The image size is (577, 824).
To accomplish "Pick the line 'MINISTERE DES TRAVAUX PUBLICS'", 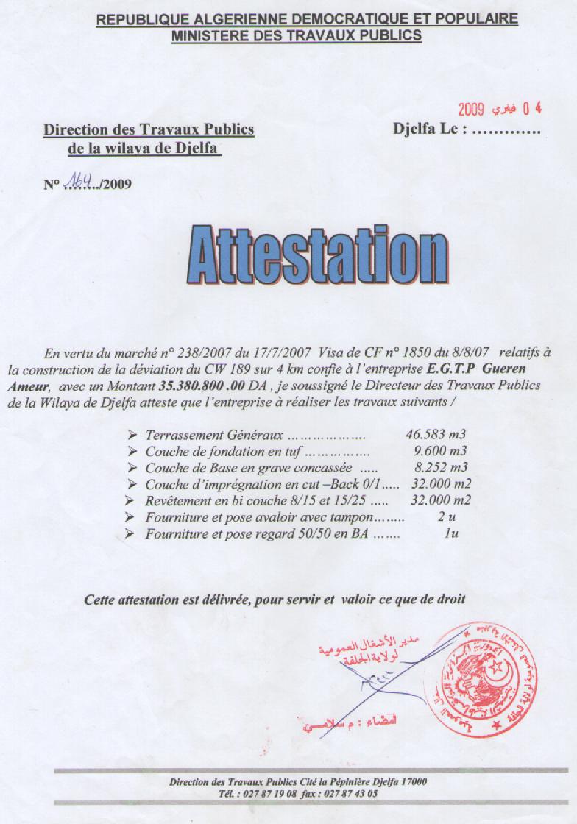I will point(297,35).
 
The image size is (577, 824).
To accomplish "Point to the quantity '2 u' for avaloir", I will point(443,517).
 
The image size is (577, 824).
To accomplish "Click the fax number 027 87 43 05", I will point(350,794).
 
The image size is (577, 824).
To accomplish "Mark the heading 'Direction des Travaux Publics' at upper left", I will point(149,129).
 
